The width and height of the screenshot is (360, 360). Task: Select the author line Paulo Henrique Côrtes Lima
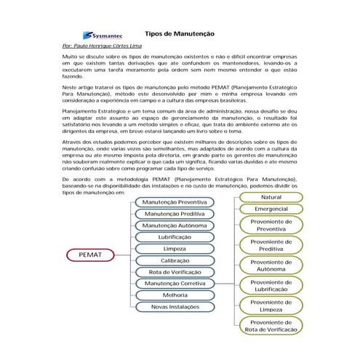click(103, 46)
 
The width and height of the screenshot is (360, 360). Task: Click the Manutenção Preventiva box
click(174, 202)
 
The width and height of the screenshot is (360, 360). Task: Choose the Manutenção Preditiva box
click(174, 214)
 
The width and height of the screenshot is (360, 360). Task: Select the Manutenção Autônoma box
click(174, 225)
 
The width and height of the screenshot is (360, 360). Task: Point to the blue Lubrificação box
click(174, 237)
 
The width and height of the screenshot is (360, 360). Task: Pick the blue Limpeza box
click(174, 249)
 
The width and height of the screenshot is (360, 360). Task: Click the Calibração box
click(174, 260)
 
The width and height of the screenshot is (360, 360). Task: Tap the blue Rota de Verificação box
click(174, 272)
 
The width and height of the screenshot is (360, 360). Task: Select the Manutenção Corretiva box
click(174, 284)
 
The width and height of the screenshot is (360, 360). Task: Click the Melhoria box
click(174, 295)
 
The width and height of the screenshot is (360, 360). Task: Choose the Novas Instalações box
click(174, 307)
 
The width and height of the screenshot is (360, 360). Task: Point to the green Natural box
click(271, 197)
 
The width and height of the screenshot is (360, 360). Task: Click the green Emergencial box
click(271, 209)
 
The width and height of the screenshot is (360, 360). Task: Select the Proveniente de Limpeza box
click(271, 305)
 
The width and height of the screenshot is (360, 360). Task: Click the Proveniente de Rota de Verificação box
click(271, 326)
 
